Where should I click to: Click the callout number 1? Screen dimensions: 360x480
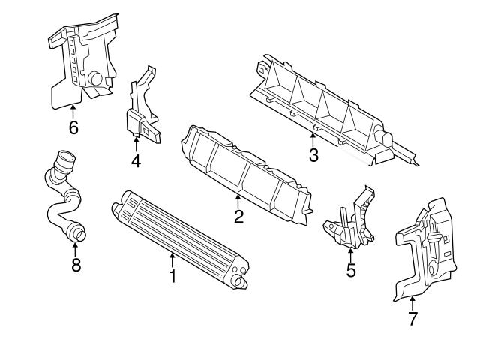pyautogui.click(x=172, y=277)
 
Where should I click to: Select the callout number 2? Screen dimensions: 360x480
pyautogui.click(x=238, y=217)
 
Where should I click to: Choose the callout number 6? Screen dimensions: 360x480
pyautogui.click(x=73, y=127)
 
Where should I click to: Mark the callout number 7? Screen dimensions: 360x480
pyautogui.click(x=412, y=318)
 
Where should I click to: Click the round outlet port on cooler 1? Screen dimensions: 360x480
pyautogui.click(x=241, y=282)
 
